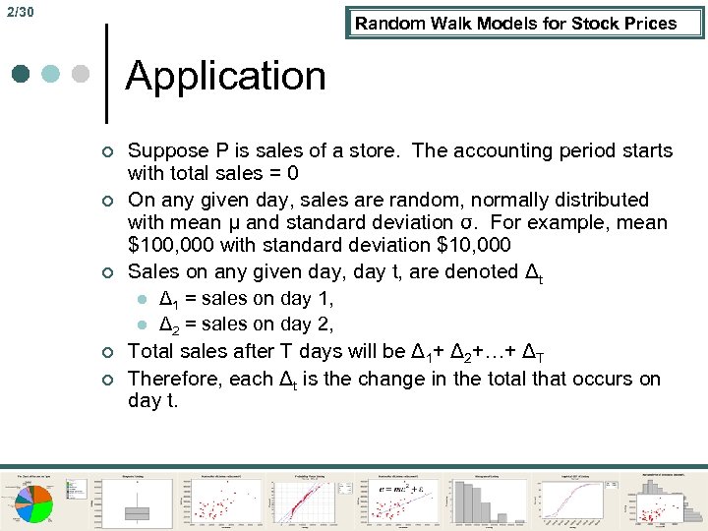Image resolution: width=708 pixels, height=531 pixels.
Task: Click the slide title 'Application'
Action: coord(225,76)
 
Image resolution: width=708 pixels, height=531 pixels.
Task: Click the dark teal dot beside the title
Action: coord(21,74)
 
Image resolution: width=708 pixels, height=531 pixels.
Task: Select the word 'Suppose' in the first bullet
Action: coord(168,151)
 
